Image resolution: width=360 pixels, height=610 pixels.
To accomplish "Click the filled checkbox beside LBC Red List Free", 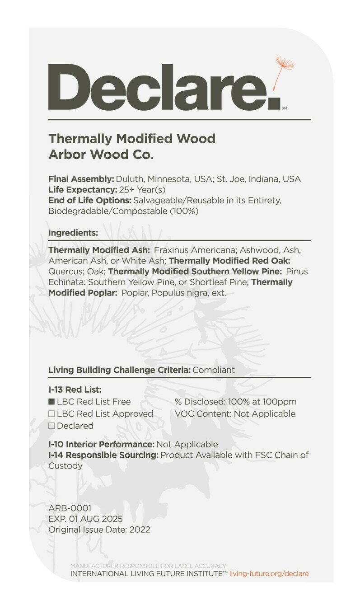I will [x=51, y=402].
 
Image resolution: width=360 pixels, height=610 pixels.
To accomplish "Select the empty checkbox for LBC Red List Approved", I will [x=51, y=414].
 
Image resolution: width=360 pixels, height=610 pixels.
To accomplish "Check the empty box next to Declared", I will [x=51, y=426].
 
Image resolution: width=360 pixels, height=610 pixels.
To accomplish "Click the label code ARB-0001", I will [x=70, y=508].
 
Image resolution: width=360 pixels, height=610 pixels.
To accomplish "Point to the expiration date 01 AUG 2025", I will [x=95, y=519].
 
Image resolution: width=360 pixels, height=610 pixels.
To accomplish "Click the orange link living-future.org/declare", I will [x=269, y=574].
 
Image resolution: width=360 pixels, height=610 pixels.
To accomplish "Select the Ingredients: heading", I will [x=73, y=233].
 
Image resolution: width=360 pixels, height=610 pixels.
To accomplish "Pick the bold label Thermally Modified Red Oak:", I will [x=229, y=261].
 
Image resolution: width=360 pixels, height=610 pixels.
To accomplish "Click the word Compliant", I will [x=214, y=370].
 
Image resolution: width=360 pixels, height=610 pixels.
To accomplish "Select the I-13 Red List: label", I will [x=75, y=389].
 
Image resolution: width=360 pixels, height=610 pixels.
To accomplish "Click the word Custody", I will [x=65, y=465].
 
